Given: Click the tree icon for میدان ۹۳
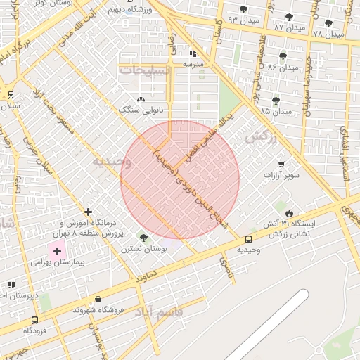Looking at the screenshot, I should coord(243,10).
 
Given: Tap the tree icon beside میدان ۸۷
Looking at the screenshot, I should coord(289,17).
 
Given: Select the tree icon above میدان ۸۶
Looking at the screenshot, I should coord(283,56).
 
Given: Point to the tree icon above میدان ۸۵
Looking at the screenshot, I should coord(275,101).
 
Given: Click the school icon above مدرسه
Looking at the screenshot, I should coord(193,53).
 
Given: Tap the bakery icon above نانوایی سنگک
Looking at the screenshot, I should coord(141,99).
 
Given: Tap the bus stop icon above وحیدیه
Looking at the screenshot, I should coord(248,239).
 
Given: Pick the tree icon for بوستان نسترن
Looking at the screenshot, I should coord(144,238).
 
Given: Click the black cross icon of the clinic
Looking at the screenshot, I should coord(88,212).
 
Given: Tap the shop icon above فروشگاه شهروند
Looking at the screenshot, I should coord(98,299).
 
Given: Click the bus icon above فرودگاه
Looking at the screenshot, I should coord(34,320).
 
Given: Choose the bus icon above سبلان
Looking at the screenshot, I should coord(11,95).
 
